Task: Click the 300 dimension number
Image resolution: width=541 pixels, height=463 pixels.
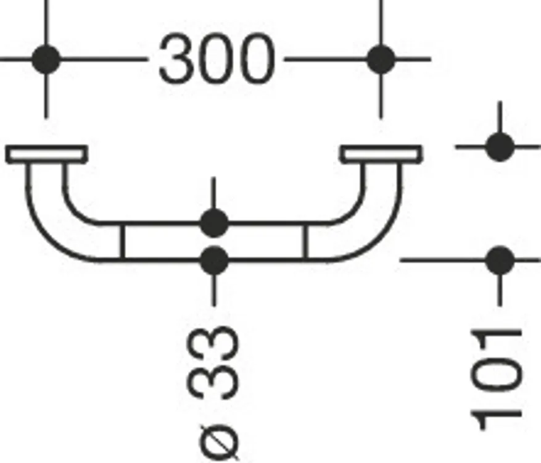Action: coord(217,59)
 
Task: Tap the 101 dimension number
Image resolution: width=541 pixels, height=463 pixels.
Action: coord(497,380)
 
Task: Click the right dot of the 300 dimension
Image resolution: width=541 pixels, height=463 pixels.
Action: coord(381,59)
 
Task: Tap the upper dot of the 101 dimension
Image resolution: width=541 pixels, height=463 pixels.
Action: coord(500,147)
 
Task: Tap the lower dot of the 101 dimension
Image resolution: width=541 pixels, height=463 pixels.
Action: coord(500,260)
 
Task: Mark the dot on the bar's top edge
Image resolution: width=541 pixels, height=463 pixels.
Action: coord(214,223)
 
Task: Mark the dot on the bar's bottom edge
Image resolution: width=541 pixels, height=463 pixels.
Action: coord(214,260)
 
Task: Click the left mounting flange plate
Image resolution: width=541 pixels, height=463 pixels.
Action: coord(46,154)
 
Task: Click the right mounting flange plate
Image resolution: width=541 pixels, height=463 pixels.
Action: coord(381,154)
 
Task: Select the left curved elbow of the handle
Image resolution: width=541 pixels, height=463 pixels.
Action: coord(55,221)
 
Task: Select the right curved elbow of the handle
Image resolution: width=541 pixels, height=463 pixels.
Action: coord(373,221)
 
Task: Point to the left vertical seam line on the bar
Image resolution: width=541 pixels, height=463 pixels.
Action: coord(122,241)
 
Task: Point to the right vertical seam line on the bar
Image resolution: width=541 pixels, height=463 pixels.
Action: coord(305,241)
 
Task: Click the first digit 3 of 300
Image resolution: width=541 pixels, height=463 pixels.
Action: coord(176,59)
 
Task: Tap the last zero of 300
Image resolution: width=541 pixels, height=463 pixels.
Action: coord(257,59)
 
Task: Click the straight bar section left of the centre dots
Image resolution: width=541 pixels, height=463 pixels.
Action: coord(162,241)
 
